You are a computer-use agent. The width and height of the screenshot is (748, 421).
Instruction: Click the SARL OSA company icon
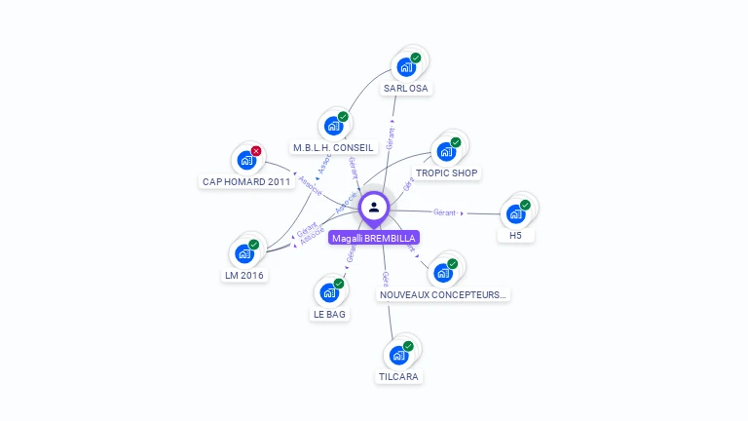coord(406,68)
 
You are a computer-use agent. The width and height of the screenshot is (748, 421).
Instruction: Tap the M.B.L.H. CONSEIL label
coord(333,148)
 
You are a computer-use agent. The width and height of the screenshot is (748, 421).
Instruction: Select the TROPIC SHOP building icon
coord(446,152)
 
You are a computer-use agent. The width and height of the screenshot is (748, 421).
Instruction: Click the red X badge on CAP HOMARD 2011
coord(256,151)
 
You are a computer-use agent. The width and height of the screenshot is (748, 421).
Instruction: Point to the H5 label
coord(515,236)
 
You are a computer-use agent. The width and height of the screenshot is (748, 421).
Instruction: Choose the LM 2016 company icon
coord(243,253)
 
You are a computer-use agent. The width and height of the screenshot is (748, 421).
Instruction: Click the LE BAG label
coord(329,314)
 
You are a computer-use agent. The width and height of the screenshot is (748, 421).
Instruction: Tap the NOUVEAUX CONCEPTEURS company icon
coord(442,273)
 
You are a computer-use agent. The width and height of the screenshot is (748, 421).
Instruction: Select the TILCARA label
coord(399,376)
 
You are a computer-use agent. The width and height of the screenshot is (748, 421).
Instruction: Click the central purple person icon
coord(374,207)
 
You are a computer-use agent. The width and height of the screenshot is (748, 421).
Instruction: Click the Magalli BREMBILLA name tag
coord(374,238)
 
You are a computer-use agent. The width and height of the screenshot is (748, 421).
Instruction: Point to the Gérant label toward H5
coord(445,211)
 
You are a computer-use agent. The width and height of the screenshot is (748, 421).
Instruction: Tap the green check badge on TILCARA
coord(409,346)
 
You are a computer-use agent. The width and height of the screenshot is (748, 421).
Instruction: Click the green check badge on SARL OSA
coord(416,58)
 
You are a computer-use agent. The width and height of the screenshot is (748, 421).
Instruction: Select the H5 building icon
coord(515,214)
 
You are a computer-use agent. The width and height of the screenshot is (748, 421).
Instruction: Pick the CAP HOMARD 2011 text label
coord(246,181)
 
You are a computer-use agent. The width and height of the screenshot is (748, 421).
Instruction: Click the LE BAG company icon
coord(329,292)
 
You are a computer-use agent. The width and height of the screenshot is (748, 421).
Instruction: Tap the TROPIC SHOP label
coord(447,173)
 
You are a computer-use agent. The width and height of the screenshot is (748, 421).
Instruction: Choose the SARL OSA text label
coord(406,89)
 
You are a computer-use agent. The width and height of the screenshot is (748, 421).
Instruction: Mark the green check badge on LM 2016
coord(253,244)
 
